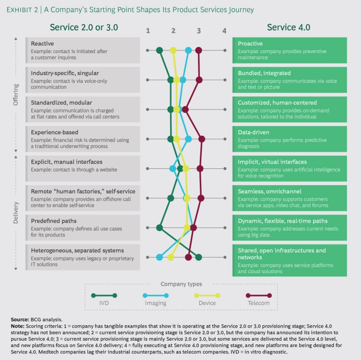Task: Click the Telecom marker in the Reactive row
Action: point(198,50)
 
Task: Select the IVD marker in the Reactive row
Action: point(159,50)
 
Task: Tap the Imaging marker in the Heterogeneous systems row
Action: point(159,257)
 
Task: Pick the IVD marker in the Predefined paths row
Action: point(159,228)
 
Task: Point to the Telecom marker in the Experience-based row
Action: point(202,139)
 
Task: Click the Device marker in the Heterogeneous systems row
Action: point(171,257)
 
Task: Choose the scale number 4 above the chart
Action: point(224,31)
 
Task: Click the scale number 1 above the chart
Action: point(148,31)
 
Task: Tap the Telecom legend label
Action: point(259,303)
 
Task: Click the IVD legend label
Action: point(104,303)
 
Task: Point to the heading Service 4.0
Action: point(289,27)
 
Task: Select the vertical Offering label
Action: point(16,94)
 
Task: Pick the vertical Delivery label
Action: point(16,212)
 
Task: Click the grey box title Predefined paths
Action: point(54,221)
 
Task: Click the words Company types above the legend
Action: point(181,284)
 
